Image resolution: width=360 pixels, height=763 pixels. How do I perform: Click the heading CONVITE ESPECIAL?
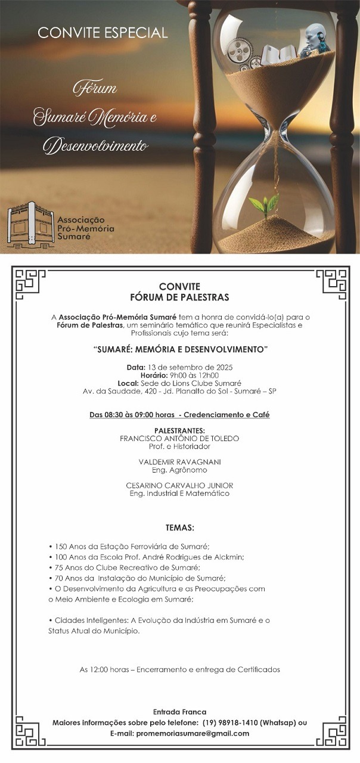[103, 32]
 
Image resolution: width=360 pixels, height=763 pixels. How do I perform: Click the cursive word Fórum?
[95, 89]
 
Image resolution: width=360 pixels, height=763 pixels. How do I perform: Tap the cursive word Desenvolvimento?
[96, 144]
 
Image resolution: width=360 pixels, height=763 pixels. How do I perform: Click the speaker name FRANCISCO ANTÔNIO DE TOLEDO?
[179, 438]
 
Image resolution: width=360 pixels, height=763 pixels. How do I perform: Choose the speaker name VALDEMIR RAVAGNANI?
[179, 462]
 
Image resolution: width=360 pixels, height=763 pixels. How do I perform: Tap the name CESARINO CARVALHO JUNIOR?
[179, 485]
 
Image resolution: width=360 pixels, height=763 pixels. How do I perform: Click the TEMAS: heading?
[179, 528]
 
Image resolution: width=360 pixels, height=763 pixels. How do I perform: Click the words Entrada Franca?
[179, 712]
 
